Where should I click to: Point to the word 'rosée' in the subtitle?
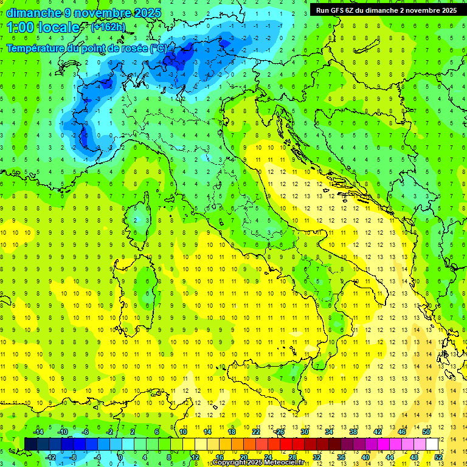click(133, 47)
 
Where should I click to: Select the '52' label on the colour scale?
click(438, 457)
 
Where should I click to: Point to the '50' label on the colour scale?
click(426, 432)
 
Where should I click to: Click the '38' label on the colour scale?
click(353, 432)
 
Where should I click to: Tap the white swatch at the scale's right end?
click(432, 445)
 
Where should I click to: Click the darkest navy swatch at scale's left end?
click(30, 445)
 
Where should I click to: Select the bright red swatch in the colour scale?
click(286, 445)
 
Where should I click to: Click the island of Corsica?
click(141, 216)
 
